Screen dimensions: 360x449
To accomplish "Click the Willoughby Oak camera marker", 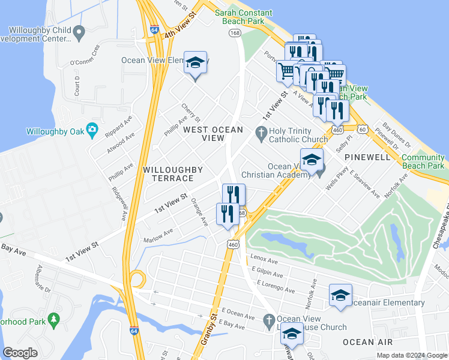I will [92, 128].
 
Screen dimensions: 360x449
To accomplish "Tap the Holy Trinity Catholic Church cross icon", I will [261, 131].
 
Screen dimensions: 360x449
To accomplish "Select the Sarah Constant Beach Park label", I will [244, 17].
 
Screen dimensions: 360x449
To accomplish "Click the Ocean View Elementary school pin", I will [195, 64].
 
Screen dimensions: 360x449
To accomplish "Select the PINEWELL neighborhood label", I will [367, 157].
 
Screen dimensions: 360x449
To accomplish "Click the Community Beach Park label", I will [423, 161].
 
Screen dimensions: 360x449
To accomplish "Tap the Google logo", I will [20, 353].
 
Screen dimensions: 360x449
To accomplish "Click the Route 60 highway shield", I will [362, 128].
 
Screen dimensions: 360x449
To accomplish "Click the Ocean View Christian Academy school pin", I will [312, 161].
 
